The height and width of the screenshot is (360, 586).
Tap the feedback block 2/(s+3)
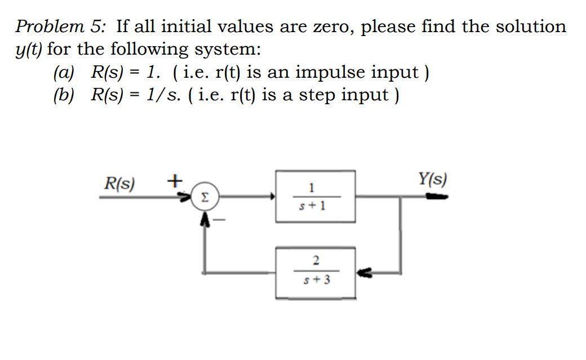(315, 273)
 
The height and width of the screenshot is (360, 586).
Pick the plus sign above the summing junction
(175, 181)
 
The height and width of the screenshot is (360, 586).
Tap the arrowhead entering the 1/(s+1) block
(272, 197)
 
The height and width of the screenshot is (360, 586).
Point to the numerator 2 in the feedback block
(316, 260)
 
